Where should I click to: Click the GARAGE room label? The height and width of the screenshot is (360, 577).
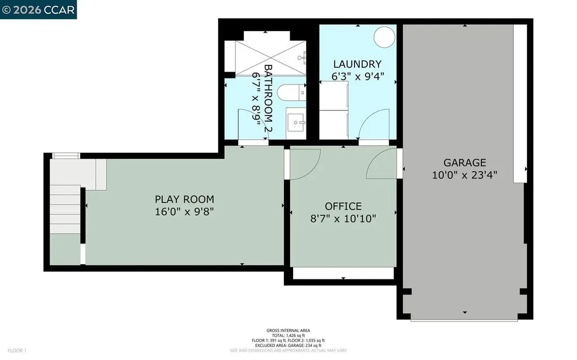click(464, 163)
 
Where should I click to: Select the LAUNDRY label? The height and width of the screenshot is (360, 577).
click(357, 64)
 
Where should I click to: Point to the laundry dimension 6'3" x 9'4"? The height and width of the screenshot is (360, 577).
click(357, 77)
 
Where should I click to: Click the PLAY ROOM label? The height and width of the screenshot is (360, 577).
click(184, 199)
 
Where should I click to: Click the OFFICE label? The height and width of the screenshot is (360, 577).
click(343, 206)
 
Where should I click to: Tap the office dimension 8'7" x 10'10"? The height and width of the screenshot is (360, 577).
click(343, 219)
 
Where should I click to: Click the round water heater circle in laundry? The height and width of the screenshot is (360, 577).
click(385, 37)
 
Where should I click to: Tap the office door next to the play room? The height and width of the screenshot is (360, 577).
click(305, 164)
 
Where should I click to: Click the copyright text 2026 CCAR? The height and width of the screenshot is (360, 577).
click(38, 10)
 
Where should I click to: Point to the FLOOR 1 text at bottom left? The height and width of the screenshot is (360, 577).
click(17, 350)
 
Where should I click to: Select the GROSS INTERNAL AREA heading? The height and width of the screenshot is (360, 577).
click(288, 330)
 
